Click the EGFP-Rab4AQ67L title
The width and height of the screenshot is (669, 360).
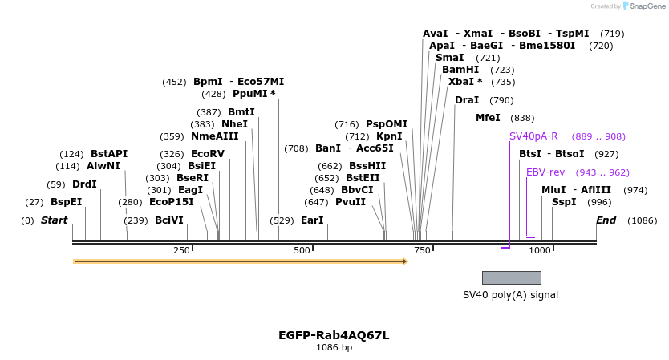334,335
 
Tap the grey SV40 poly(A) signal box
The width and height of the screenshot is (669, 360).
511,277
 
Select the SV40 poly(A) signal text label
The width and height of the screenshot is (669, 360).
510,294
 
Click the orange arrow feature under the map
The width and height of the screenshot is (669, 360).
241,261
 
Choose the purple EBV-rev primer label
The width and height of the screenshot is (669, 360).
545,172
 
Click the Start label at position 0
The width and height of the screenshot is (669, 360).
54,220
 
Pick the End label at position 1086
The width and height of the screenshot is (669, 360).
606,220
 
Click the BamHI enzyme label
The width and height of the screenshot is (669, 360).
460,70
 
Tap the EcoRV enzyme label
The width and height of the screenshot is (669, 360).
208,154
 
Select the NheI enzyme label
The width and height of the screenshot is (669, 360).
234,124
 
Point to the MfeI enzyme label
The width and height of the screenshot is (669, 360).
488,118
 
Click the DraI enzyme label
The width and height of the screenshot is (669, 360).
467,100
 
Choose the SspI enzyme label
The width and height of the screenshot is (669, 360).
564,202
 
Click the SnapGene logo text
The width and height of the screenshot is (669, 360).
647,6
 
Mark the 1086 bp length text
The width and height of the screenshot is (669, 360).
334,348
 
